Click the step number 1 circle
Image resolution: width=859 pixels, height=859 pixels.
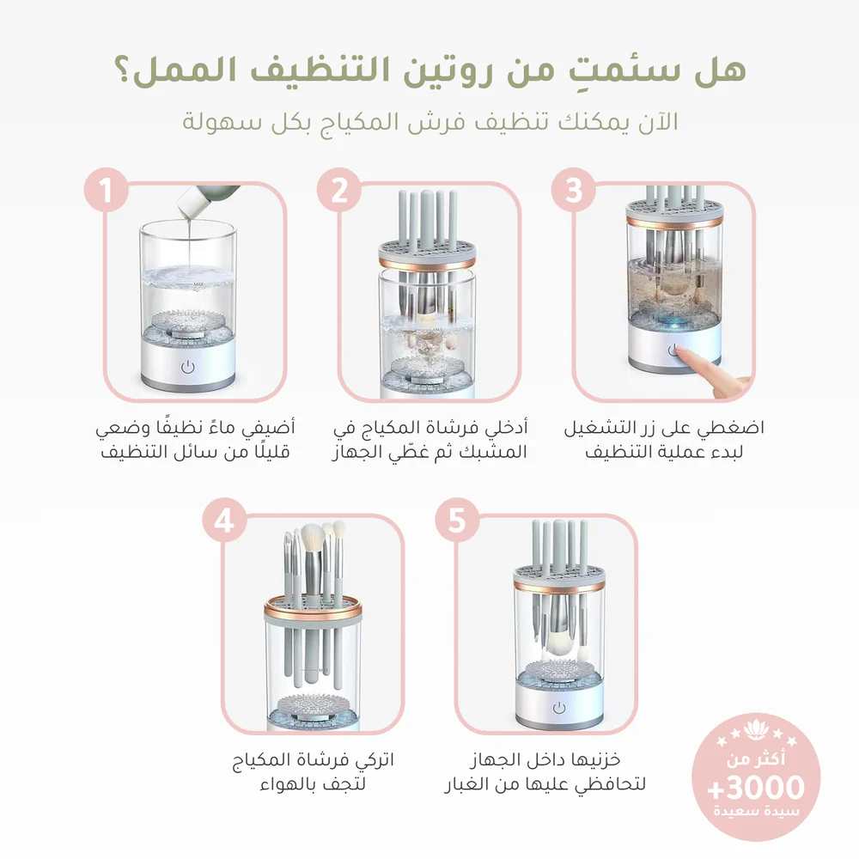108,192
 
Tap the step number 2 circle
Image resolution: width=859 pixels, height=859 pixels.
340,192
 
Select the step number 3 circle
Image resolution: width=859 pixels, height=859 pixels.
574,192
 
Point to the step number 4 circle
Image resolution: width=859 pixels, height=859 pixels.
224,522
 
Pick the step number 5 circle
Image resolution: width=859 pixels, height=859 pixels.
457,522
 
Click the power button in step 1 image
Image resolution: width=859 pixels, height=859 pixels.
187,367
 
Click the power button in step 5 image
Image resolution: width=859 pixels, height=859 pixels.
560,707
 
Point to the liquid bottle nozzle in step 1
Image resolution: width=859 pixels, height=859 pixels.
184,207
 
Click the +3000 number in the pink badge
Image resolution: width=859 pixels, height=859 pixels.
755,787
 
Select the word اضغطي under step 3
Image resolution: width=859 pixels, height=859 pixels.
738,427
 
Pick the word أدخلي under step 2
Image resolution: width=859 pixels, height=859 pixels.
505,427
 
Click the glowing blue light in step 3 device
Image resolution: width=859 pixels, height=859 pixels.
672,324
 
